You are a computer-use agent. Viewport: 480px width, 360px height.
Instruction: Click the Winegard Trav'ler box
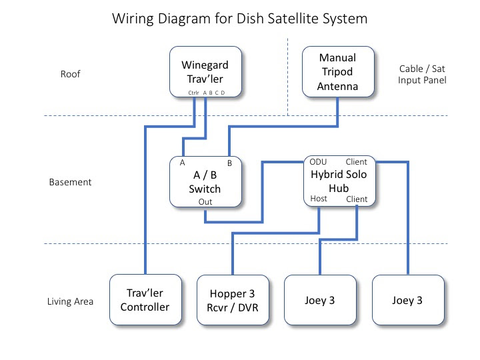[205, 71]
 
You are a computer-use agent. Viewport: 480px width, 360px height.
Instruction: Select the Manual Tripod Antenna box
[338, 71]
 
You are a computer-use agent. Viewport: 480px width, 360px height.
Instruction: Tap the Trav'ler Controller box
[145, 299]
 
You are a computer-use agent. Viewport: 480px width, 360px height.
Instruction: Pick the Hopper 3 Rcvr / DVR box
[233, 300]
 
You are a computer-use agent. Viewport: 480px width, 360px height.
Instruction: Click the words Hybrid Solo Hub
[339, 181]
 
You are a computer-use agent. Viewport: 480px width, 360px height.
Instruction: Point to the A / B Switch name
[205, 182]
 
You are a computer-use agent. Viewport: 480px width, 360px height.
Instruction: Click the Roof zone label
[71, 74]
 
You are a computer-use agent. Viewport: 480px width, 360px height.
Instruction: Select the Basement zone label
[70, 182]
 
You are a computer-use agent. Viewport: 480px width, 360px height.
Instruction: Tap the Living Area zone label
[70, 301]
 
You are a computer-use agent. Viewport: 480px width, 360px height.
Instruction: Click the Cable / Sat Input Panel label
[422, 75]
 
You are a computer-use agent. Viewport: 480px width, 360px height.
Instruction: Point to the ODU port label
[318, 161]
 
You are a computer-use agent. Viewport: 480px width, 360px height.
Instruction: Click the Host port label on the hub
[319, 199]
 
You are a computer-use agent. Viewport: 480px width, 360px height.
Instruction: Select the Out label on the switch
[205, 202]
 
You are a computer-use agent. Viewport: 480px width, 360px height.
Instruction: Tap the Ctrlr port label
[193, 93]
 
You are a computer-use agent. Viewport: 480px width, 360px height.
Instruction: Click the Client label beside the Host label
[357, 199]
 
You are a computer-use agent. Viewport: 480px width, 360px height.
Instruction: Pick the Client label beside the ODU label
[356, 161]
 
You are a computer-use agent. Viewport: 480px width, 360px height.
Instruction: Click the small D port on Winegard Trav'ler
[223, 93]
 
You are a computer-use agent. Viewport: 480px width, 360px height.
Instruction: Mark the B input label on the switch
[229, 163]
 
